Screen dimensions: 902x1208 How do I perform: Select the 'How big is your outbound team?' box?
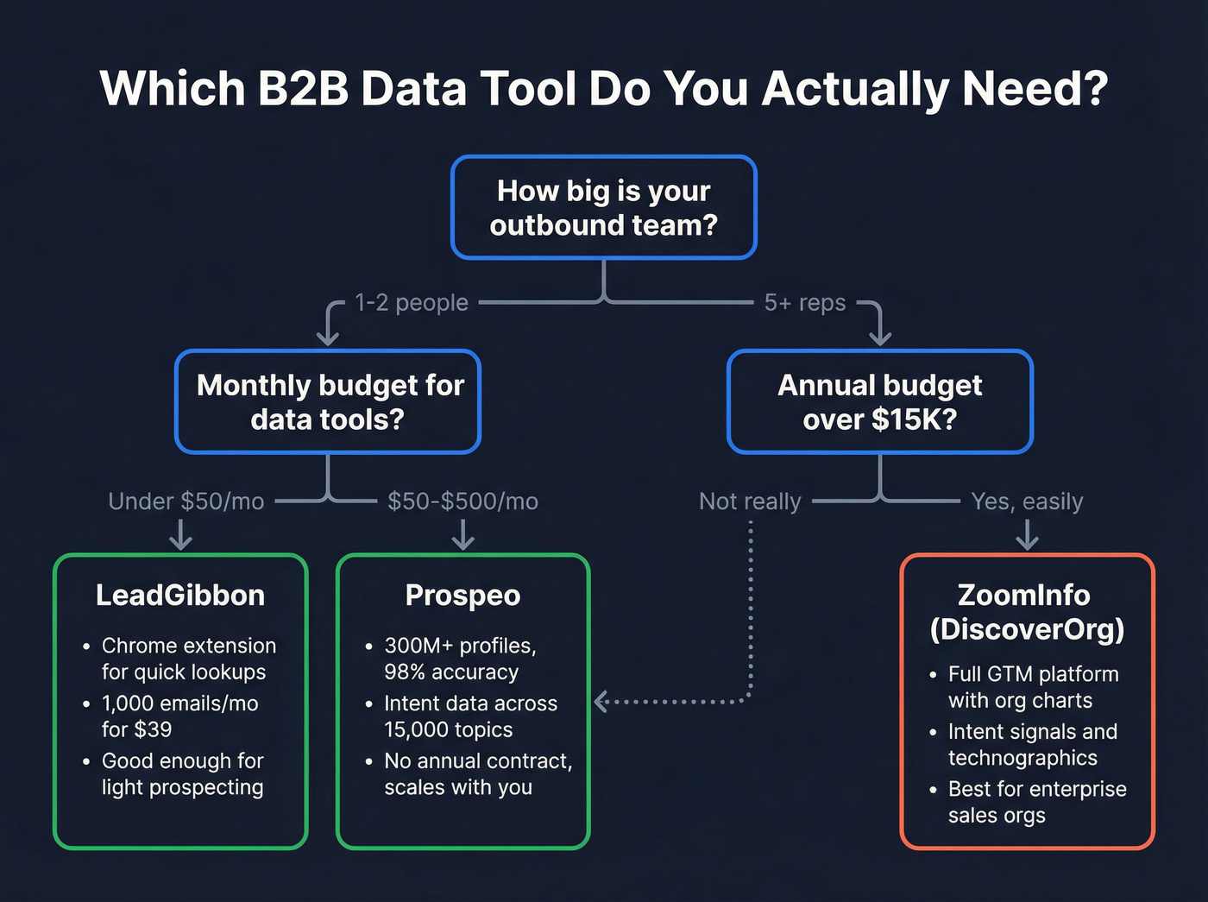coord(603,207)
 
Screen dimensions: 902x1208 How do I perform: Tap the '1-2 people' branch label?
coord(412,303)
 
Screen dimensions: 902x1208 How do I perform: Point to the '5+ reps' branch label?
coord(805,303)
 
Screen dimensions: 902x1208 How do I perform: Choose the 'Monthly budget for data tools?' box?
coord(328,401)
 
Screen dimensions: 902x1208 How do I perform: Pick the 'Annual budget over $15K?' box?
coord(879,401)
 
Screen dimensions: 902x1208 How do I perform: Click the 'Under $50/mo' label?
coord(186,501)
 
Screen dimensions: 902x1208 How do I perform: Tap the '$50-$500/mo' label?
coord(462,501)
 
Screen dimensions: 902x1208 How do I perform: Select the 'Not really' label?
coord(750,501)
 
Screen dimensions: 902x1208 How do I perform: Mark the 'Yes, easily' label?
coord(1027,501)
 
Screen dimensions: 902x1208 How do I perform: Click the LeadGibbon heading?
coord(180,596)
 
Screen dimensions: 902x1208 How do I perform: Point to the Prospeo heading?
coord(462,596)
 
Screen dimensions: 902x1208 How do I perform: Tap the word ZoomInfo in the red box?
coord(1023,596)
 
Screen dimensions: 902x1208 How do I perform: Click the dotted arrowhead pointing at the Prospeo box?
coord(602,701)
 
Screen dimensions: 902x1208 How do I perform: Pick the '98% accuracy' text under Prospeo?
coord(451,672)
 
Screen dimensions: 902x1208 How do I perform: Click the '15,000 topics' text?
coord(448,730)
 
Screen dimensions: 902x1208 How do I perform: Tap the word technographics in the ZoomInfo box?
coord(1022,759)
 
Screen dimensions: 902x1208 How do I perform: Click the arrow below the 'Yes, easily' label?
coord(1027,537)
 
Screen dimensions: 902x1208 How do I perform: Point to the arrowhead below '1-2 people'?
coord(328,334)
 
